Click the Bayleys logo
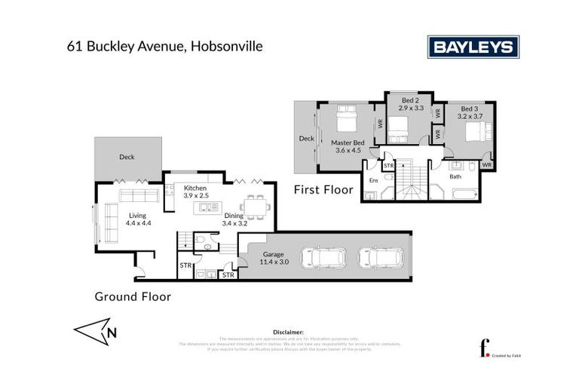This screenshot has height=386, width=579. click(474, 47)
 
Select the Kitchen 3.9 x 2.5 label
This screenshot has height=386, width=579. click(195, 191)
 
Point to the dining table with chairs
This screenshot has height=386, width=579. click(250, 206)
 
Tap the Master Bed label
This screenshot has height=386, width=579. click(348, 146)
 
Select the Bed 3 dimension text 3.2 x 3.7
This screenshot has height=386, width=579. click(470, 116)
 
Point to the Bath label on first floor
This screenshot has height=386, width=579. click(455, 176)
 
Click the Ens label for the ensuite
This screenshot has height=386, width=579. click(373, 180)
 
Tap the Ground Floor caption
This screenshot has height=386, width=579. click(133, 296)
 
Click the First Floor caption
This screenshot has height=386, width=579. click(323, 190)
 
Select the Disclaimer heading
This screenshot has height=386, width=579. click(289, 331)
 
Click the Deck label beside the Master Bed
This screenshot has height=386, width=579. click(306, 139)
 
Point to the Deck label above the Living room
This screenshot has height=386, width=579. click(127, 158)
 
